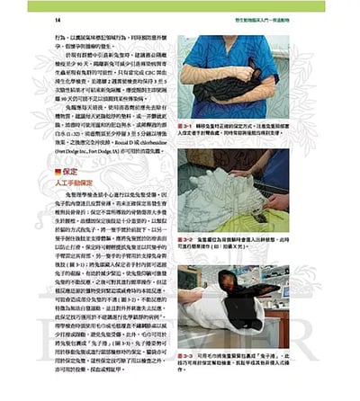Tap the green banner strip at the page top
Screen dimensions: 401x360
pyautogui.click(x=180, y=4)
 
